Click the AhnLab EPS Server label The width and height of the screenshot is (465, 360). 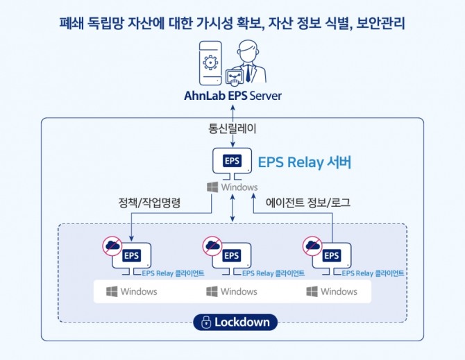232,96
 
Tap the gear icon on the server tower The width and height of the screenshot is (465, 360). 210,62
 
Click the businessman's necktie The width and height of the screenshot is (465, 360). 248,74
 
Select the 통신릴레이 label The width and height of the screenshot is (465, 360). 232,128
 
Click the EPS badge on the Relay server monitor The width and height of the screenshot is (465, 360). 232,161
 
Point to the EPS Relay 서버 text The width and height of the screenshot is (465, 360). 305,162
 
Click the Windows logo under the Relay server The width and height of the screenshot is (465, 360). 212,187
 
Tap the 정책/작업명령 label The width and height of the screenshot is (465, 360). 149,203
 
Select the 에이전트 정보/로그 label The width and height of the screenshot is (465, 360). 308,203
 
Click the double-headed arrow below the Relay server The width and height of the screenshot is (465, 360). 232,207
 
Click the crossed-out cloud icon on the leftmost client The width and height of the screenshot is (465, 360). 112,246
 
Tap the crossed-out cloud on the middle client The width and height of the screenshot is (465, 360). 212,246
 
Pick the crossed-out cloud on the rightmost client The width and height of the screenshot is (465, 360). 312,246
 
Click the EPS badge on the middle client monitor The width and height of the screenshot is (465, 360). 232,255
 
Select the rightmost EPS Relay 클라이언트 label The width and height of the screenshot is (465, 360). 373,273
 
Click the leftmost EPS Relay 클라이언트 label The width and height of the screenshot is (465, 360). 173,273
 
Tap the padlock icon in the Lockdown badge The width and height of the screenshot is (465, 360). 206,322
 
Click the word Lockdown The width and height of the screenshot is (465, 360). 242,322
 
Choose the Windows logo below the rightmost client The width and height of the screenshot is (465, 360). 312,291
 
